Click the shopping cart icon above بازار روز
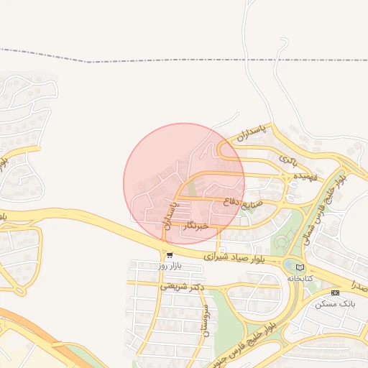pos(169,255)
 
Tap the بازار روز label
pos(172,266)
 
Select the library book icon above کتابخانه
pos(300,267)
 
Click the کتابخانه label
pos(302,277)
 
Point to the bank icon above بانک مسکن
pos(334,293)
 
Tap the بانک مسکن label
pos(335,304)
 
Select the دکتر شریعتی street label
pos(182,286)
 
